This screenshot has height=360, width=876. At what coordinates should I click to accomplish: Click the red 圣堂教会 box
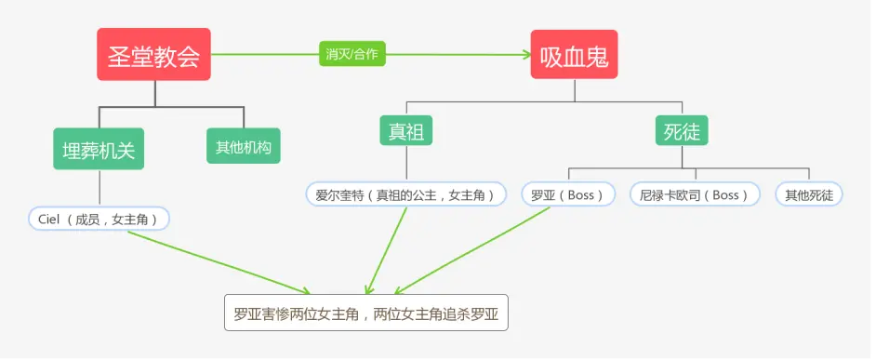click(154, 55)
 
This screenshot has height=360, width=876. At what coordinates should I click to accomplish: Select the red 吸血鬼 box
click(574, 55)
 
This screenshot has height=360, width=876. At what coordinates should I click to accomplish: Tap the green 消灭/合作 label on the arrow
click(352, 54)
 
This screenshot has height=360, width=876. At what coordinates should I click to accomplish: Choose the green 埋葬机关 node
click(99, 149)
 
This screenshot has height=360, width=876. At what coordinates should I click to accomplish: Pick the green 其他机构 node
click(243, 147)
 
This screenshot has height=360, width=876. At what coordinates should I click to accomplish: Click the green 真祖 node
click(406, 132)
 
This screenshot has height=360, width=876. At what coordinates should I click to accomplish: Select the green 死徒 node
click(682, 132)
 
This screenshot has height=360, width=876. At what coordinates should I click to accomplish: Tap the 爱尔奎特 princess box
click(406, 194)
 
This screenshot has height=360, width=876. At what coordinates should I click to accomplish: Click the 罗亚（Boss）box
click(568, 194)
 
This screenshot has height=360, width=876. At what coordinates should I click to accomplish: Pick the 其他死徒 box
click(809, 194)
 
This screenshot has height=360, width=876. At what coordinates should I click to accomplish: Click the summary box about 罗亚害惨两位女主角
click(366, 313)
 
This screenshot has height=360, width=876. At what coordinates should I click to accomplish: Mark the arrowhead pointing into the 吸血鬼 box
click(524, 55)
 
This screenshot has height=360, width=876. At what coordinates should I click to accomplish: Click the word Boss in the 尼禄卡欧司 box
click(725, 194)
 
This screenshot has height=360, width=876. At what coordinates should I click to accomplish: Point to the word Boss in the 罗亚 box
click(580, 194)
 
